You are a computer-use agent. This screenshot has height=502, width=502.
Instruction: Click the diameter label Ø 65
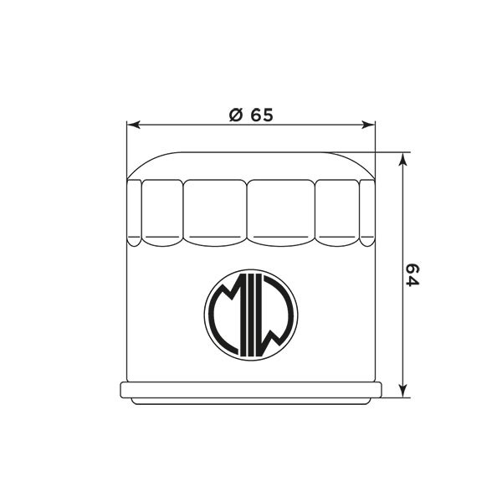tap(251, 115)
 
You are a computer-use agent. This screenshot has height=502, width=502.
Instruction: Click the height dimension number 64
tap(412, 275)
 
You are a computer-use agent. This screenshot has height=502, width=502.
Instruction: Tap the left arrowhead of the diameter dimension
tap(134, 125)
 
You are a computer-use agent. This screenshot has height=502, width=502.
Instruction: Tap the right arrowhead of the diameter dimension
tap(368, 125)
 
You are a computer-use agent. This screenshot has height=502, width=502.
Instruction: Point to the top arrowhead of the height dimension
tap(403, 159)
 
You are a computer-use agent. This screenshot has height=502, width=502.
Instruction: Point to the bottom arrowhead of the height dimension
tap(403, 391)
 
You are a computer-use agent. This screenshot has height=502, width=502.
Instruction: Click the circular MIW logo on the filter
tap(251, 315)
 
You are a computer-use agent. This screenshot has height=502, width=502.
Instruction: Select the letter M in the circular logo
tap(227, 315)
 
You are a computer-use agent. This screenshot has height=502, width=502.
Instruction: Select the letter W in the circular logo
tap(275, 315)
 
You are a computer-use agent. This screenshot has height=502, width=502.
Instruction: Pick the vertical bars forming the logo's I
tap(251, 315)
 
